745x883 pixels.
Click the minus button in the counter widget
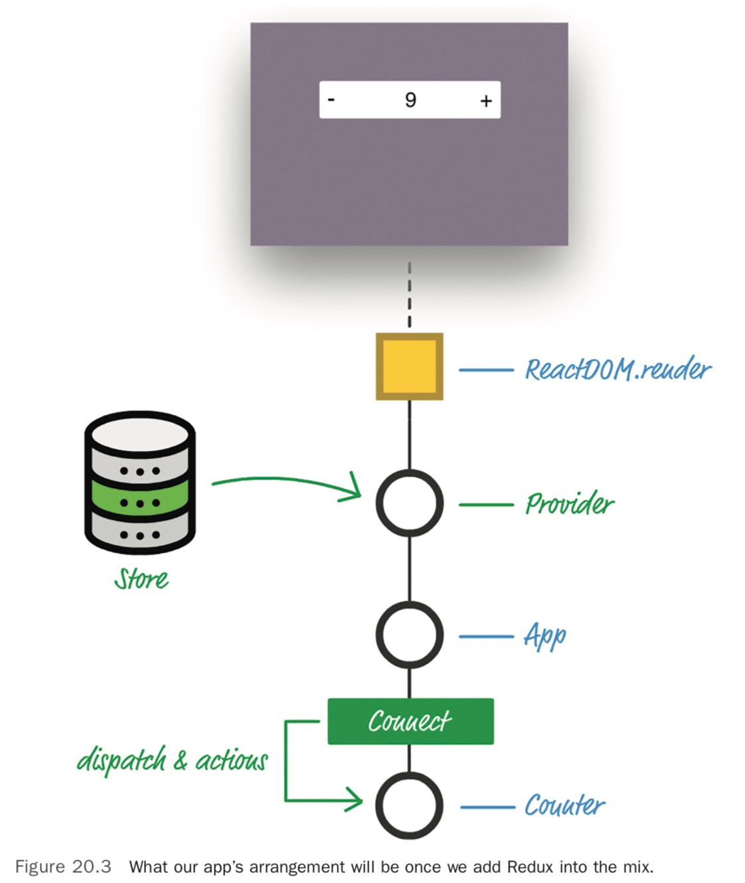pyautogui.click(x=331, y=100)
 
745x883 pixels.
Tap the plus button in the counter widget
pyautogui.click(x=486, y=100)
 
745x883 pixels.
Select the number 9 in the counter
pyautogui.click(x=410, y=100)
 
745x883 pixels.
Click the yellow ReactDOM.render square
pyautogui.click(x=409, y=366)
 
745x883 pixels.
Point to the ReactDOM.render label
pyautogui.click(x=618, y=369)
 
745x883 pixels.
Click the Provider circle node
pyautogui.click(x=409, y=503)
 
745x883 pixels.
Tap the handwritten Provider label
pyautogui.click(x=570, y=504)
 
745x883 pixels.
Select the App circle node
pyautogui.click(x=409, y=635)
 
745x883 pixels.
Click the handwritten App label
pyautogui.click(x=545, y=636)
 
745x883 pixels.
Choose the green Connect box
pyautogui.click(x=410, y=721)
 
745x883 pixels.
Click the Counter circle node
pyautogui.click(x=409, y=805)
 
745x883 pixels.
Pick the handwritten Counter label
pyautogui.click(x=564, y=805)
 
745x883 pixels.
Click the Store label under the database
pyautogui.click(x=141, y=579)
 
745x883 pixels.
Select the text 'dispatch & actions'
pyautogui.click(x=172, y=760)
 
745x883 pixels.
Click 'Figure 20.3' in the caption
pyautogui.click(x=63, y=867)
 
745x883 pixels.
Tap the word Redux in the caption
pyautogui.click(x=531, y=867)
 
